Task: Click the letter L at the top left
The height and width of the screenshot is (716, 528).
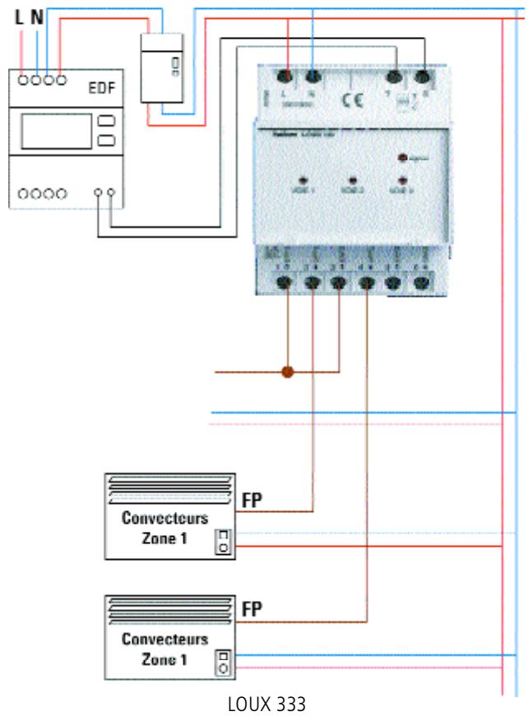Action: tap(20, 15)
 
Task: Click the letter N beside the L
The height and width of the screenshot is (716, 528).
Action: tap(37, 15)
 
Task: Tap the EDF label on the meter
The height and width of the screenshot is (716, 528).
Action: tap(101, 88)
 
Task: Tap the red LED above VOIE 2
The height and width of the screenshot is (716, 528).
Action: tap(352, 179)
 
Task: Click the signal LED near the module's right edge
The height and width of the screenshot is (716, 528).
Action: tap(402, 158)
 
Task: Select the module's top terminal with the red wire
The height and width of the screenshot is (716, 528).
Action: tap(289, 78)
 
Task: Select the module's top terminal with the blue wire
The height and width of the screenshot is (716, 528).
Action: tap(314, 78)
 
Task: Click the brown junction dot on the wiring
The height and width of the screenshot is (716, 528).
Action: tap(288, 372)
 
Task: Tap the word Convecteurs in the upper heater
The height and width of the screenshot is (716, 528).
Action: tap(164, 519)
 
